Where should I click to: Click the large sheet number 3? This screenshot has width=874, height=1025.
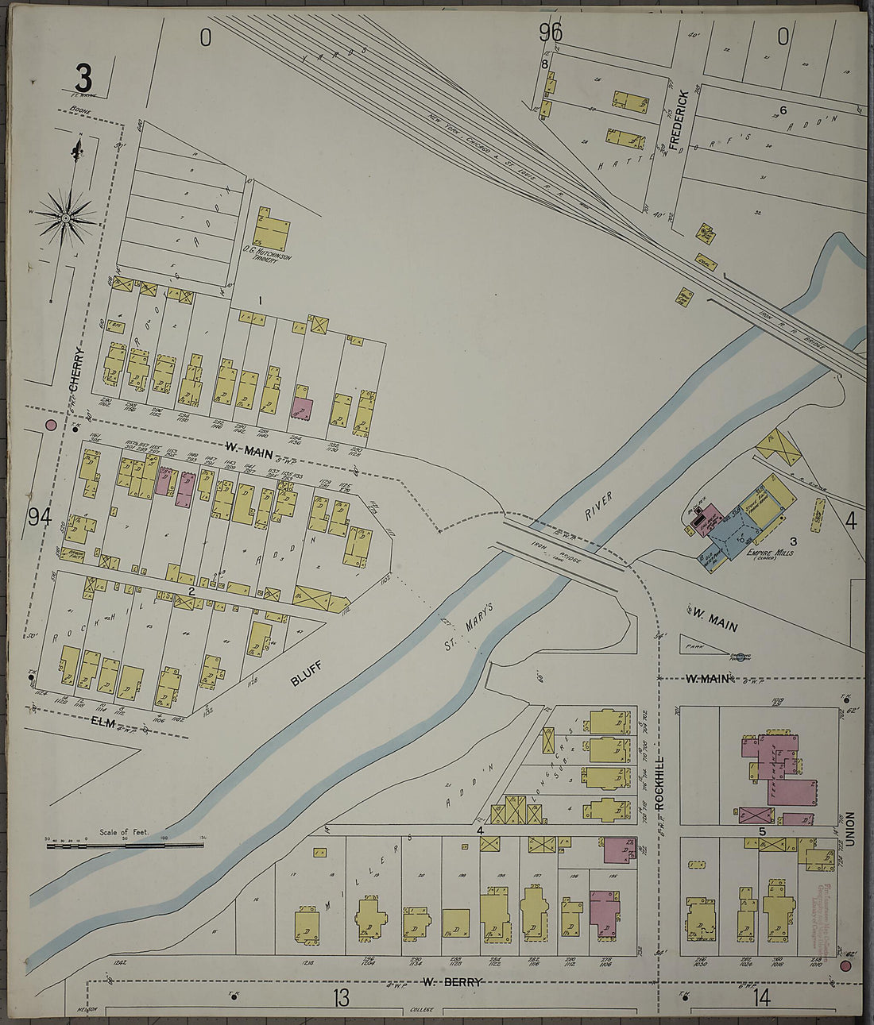(x=83, y=79)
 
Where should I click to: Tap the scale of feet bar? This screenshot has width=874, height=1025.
(x=125, y=846)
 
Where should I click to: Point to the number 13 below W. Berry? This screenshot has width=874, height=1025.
(x=341, y=999)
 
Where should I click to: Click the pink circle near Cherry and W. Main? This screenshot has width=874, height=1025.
(x=52, y=425)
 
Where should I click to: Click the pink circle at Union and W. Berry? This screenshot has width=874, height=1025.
(x=845, y=965)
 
